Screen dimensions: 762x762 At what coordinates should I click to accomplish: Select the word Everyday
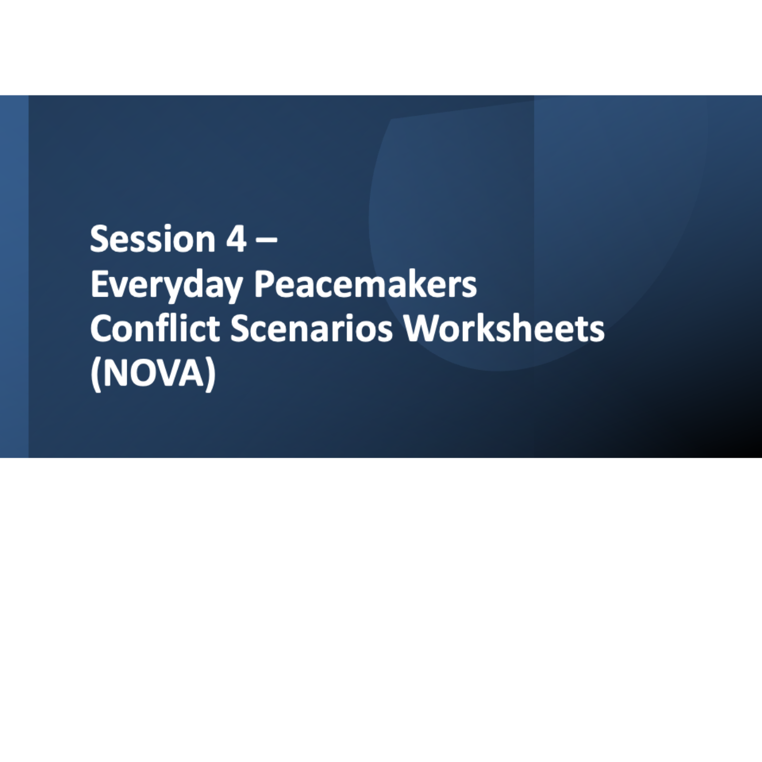click(167, 286)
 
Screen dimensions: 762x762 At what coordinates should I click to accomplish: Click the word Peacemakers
click(365, 284)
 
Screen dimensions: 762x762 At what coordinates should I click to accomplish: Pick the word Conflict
click(155, 328)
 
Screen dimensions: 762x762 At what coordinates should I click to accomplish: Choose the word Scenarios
click(312, 328)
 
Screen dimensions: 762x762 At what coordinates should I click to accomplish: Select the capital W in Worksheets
click(422, 328)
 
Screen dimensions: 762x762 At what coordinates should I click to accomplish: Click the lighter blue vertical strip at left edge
click(14, 276)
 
